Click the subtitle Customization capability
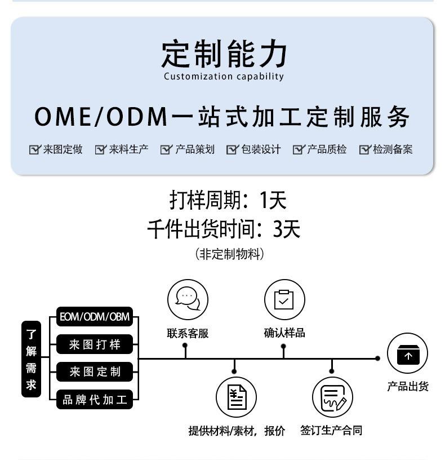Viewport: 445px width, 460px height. click(224, 77)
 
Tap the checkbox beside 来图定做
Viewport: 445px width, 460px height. click(35, 149)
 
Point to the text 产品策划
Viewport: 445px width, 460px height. click(194, 149)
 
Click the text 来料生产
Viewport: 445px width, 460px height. click(128, 149)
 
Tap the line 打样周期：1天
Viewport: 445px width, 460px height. click(228, 200)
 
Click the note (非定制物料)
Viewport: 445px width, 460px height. click(229, 254)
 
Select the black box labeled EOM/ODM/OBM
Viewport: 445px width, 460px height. click(95, 317)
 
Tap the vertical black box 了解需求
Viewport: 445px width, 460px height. click(31, 359)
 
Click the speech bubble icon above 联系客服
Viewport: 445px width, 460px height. click(188, 298)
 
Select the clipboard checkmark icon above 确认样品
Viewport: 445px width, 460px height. click(284, 299)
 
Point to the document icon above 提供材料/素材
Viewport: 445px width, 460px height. click(236, 397)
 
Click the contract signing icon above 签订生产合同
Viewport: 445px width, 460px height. click(332, 397)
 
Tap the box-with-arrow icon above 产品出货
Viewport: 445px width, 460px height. click(408, 355)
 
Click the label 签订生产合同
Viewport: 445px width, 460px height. click(331, 431)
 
